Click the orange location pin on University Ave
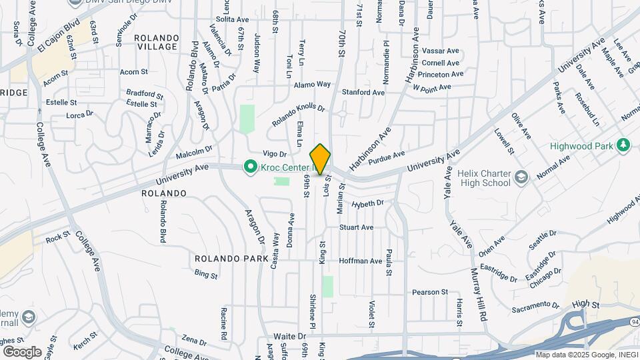pyautogui.click(x=321, y=159)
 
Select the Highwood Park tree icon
pyautogui.click(x=623, y=145)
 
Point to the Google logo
pyautogui.click(x=21, y=351)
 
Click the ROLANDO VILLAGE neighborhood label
pyautogui.click(x=156, y=42)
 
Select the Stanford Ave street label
pyautogui.click(x=363, y=92)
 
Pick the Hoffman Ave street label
pyautogui.click(x=360, y=261)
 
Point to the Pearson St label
pyautogui.click(x=430, y=292)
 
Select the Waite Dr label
pyautogui.click(x=289, y=336)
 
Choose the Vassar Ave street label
pyautogui.click(x=441, y=51)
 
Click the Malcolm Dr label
pyautogui.click(x=194, y=153)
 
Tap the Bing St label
pyautogui.click(x=206, y=273)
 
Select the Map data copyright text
pyautogui.click(x=586, y=355)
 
